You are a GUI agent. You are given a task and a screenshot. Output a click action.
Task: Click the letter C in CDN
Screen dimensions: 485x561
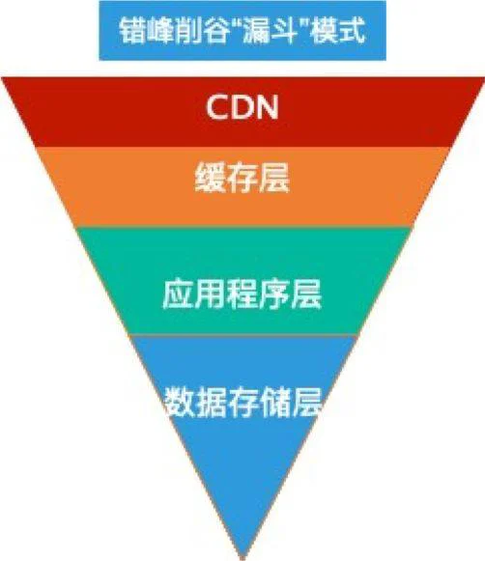(x=218, y=107)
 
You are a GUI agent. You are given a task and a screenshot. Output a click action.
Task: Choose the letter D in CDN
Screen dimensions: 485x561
(x=243, y=107)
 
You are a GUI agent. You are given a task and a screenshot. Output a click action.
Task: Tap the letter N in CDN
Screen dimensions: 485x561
(x=268, y=107)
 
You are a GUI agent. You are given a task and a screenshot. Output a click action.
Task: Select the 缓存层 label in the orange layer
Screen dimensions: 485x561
(x=242, y=177)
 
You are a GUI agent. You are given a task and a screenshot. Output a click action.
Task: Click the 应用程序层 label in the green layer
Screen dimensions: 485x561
(x=242, y=295)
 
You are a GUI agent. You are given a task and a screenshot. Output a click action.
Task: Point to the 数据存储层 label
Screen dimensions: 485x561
(x=242, y=402)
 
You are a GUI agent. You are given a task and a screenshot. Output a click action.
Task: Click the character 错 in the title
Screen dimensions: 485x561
(x=132, y=30)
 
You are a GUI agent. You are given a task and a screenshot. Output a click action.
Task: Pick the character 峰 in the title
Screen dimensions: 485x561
(x=160, y=30)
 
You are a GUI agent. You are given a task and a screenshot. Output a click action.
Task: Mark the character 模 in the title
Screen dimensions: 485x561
(x=324, y=30)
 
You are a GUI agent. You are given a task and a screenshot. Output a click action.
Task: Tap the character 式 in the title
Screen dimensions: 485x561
(x=352, y=30)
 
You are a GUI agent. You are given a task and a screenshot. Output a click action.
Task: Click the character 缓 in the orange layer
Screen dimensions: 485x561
(x=210, y=177)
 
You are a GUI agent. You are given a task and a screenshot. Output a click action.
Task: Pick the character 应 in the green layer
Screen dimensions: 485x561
(x=178, y=295)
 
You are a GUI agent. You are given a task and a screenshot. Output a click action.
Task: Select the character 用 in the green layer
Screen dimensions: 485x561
(x=210, y=295)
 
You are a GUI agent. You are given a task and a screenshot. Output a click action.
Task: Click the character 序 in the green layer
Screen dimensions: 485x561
(x=274, y=295)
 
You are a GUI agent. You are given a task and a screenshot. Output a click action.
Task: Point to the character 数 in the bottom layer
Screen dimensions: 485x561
(x=180, y=402)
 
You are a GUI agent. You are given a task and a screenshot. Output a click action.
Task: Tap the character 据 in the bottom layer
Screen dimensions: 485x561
(x=211, y=402)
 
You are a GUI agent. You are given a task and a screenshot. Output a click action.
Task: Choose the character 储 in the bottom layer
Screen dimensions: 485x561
(x=273, y=402)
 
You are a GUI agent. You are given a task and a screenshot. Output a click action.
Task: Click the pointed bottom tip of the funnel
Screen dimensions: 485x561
(x=243, y=558)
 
